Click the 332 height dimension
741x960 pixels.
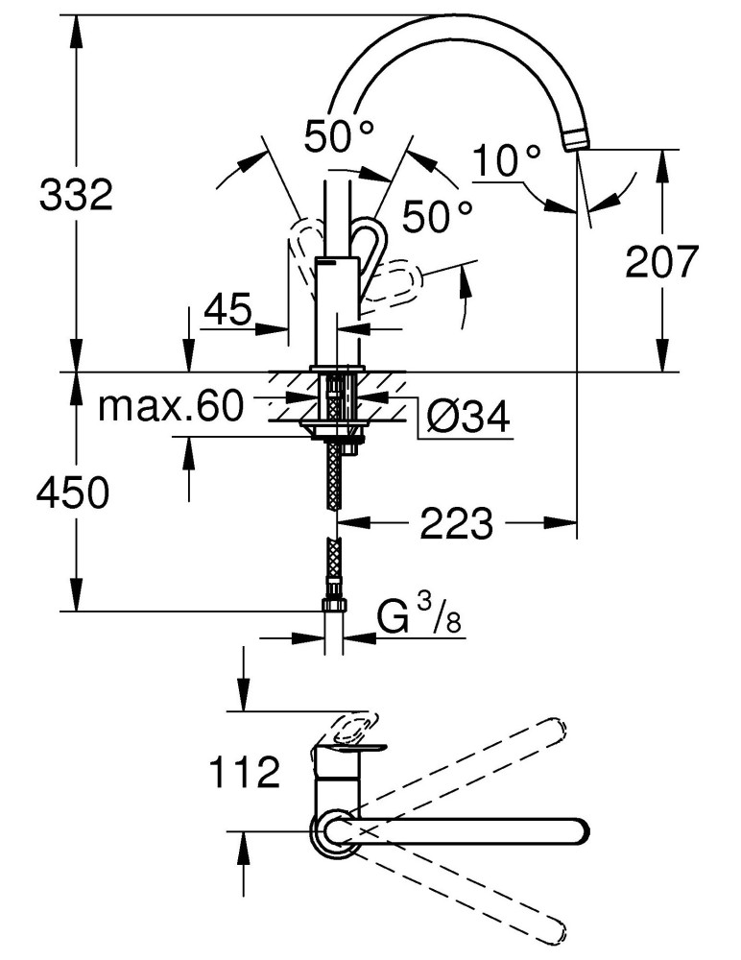click(76, 196)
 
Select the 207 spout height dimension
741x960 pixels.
click(661, 260)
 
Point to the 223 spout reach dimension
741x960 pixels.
click(456, 524)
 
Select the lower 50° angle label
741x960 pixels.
click(437, 217)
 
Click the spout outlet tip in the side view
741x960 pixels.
click(576, 141)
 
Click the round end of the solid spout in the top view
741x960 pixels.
click(575, 831)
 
